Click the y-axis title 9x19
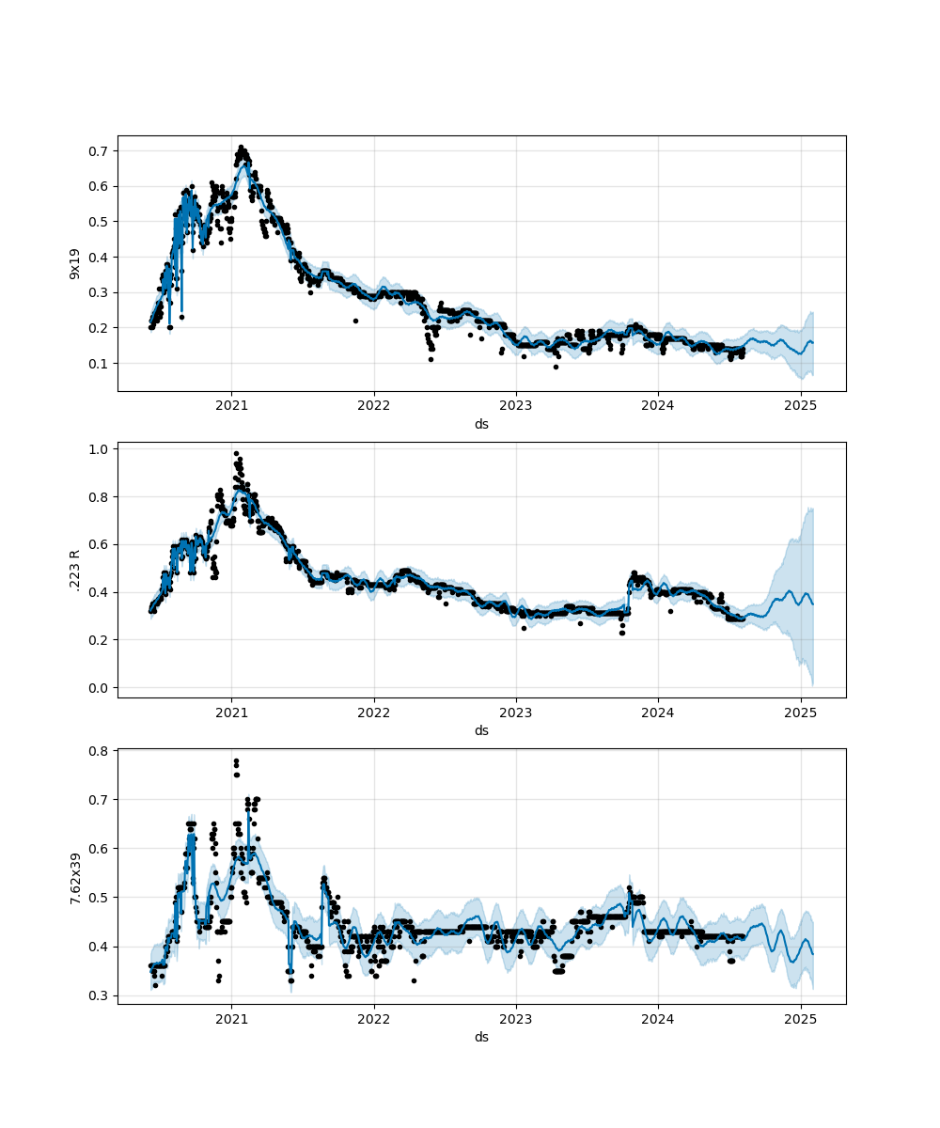tap(74, 263)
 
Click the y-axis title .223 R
tap(74, 570)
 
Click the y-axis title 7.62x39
tap(74, 876)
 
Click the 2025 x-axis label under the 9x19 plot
tap(800, 406)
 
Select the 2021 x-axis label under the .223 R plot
tap(232, 713)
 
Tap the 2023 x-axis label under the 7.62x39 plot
tap(516, 1019)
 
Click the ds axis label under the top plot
tap(481, 424)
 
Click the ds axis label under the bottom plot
tap(481, 1037)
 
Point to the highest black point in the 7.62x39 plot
tap(236, 761)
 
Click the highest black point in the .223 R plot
tap(236, 453)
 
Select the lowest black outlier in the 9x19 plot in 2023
tap(556, 367)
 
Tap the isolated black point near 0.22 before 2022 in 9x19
tap(355, 321)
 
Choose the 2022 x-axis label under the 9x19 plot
tap(374, 406)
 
